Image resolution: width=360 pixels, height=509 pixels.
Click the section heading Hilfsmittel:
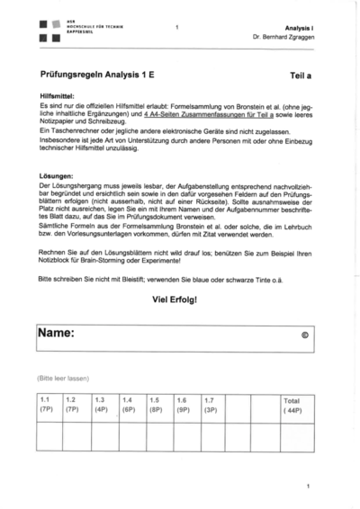57,95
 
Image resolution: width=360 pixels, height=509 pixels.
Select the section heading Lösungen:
56,175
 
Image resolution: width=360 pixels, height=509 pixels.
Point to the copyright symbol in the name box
304,335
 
